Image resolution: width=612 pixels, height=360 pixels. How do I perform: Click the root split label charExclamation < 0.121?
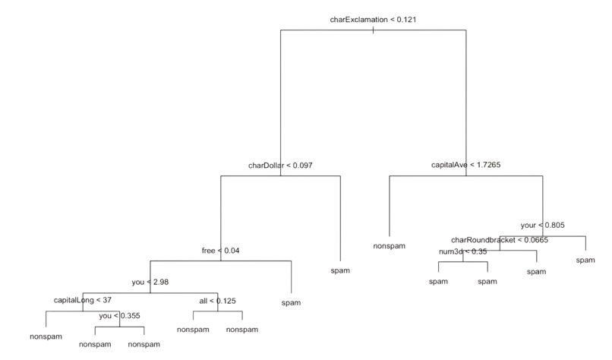[x=372, y=19]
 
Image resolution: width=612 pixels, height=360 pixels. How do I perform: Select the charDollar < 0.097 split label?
[x=280, y=165]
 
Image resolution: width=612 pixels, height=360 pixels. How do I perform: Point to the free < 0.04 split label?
[x=220, y=250]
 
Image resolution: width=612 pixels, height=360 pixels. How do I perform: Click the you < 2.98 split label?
[x=150, y=282]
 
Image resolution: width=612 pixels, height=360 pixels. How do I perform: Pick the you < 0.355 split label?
[x=119, y=315]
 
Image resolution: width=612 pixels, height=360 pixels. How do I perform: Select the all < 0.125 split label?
[x=217, y=301]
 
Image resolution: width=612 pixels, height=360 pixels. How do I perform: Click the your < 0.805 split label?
[x=542, y=225]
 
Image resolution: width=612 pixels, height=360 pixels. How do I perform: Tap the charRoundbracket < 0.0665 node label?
[x=500, y=240]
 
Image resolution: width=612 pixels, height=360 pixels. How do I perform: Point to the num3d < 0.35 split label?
[x=462, y=251]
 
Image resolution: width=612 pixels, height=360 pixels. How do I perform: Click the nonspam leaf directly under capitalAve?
[x=389, y=246]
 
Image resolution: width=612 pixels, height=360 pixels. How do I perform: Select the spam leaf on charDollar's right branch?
[x=341, y=270]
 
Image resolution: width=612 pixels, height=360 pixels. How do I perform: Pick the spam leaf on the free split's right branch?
[x=291, y=302]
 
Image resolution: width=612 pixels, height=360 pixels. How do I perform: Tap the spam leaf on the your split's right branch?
[x=585, y=261]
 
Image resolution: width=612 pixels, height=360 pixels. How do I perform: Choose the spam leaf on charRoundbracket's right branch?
[x=536, y=271]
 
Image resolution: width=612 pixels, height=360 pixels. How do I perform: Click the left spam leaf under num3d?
[x=438, y=281]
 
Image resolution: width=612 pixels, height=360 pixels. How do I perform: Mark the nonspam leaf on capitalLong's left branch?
[x=46, y=335]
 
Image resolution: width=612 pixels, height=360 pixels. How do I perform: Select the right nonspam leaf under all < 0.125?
[x=241, y=330]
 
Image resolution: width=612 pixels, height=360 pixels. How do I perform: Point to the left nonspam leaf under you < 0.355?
[x=95, y=344]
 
